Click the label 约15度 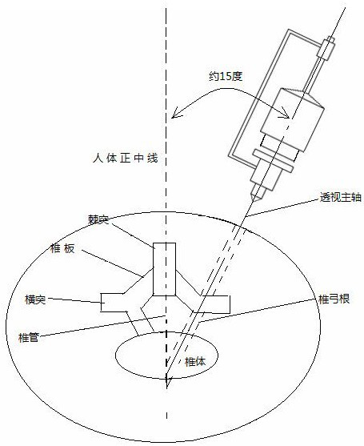pyautogui.click(x=226, y=77)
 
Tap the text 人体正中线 pyautogui.click(x=125, y=159)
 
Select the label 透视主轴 pyautogui.click(x=341, y=197)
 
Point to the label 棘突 pyautogui.click(x=98, y=220)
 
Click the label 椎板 pyautogui.click(x=62, y=248)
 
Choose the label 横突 pyautogui.click(x=35, y=299)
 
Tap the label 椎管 pyautogui.click(x=28, y=338)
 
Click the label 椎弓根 pyautogui.click(x=334, y=299)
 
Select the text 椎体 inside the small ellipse pyautogui.click(x=195, y=362)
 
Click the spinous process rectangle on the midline pyautogui.click(x=164, y=269)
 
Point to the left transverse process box pyautogui.click(x=112, y=303)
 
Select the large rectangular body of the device pyautogui.click(x=292, y=120)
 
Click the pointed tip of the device pyautogui.click(x=254, y=199)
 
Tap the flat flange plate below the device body pyautogui.click(x=274, y=161)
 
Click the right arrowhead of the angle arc pyautogui.click(x=286, y=113)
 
